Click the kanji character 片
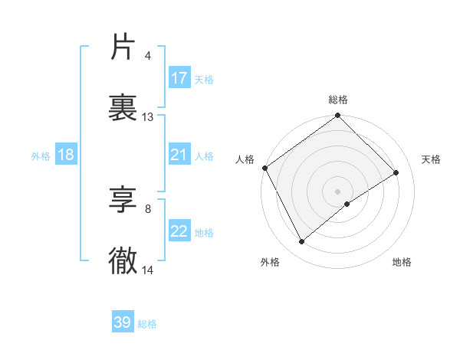pos(123,47)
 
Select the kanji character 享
pos(123,201)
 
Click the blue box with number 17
pos(179,78)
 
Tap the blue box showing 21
pos(179,155)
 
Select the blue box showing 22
pos(179,232)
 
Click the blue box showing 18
pos(66,155)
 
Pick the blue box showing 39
pos(123,322)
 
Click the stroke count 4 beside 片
pos(148,55)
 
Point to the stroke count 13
pos(148,117)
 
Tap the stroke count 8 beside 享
pos(148,208)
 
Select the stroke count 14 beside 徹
pos(148,270)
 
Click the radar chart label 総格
pos(338,100)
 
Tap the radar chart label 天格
pos(432,159)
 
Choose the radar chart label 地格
pos(402,262)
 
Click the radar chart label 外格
pos(270,262)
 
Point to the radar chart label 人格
pos(245,159)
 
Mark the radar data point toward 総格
pos(338,116)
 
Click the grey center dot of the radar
pos(338,191)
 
